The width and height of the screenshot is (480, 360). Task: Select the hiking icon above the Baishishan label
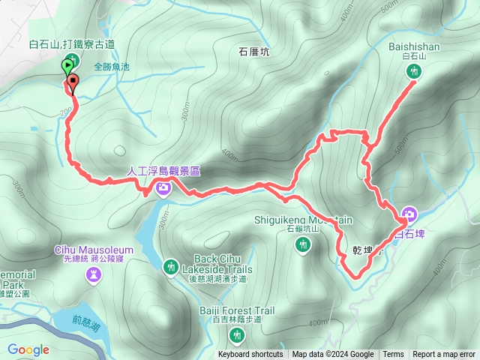pos(414,72)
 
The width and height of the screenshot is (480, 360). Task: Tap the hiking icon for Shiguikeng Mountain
pos(302,244)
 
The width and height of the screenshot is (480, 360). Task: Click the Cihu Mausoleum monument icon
pos(93,274)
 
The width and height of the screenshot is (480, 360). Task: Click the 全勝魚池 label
pos(112,67)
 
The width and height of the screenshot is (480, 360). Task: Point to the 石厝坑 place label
pos(253,52)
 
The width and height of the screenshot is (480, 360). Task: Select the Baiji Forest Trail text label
pos(237,310)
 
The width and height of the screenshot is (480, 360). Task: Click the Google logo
pos(28,349)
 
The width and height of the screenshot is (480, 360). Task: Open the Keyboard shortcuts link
pos(250,355)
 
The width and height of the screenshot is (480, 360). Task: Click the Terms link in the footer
pos(393,355)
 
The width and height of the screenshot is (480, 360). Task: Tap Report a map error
pos(444,355)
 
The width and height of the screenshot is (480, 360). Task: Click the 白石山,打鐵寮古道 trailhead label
pos(73,43)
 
